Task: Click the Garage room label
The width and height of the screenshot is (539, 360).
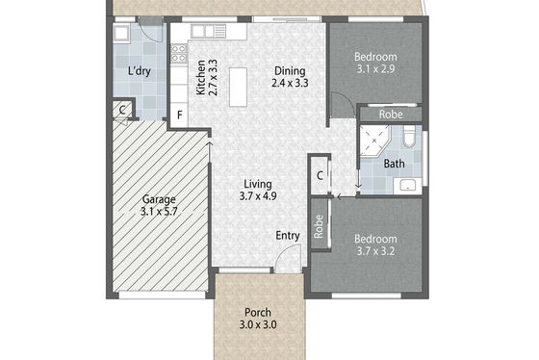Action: pyautogui.click(x=159, y=199)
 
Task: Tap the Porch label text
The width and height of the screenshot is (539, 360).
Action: pyautogui.click(x=258, y=313)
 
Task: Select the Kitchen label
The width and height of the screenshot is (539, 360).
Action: pyautogui.click(x=201, y=78)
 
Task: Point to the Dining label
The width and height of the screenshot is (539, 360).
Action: pyautogui.click(x=290, y=71)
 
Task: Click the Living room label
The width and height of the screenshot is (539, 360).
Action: pyautogui.click(x=258, y=184)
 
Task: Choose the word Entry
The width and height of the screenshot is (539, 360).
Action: pyautogui.click(x=288, y=236)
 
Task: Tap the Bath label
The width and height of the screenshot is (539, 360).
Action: pyautogui.click(x=394, y=164)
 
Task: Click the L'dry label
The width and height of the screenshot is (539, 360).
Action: pyautogui.click(x=140, y=71)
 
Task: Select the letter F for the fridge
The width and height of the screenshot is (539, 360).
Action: pyautogui.click(x=179, y=116)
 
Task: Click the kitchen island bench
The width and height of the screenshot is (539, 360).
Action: pyautogui.click(x=239, y=87)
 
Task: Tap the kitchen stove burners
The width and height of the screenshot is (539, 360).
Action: pyautogui.click(x=179, y=54)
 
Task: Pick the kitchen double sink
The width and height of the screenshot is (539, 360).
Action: pyautogui.click(x=208, y=32)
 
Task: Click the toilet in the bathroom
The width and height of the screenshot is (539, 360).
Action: pyautogui.click(x=409, y=136)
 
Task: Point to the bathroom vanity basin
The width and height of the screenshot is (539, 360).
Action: pyautogui.click(x=407, y=186)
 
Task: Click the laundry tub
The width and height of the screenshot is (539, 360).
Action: pyautogui.click(x=121, y=34)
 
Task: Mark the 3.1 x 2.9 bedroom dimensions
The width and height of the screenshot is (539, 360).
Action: pyautogui.click(x=375, y=69)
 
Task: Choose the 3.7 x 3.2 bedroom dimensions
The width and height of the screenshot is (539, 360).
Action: pyautogui.click(x=375, y=251)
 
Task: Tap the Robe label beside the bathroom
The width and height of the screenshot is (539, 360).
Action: pyautogui.click(x=391, y=115)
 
